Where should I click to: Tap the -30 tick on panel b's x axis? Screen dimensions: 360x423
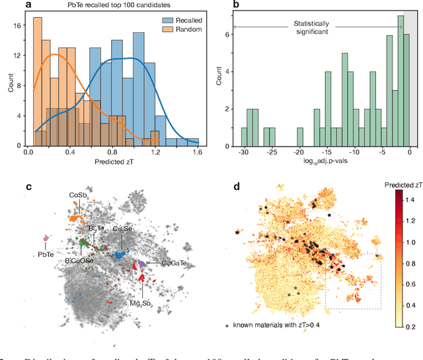244,151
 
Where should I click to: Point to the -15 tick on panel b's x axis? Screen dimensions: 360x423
327,151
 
